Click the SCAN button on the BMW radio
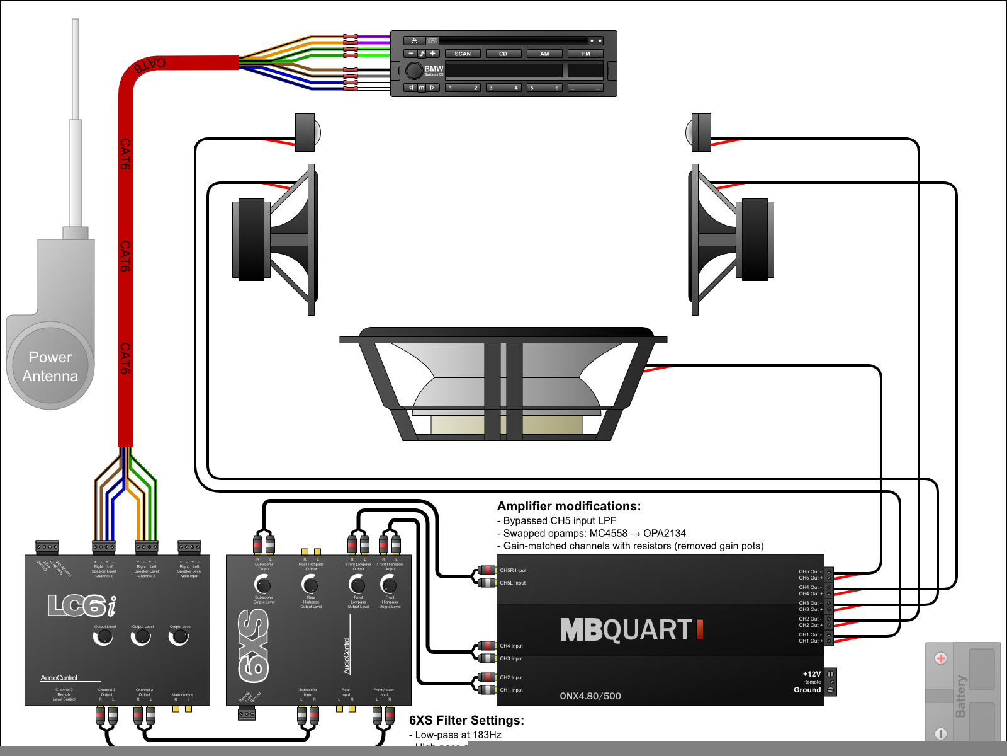click(463, 54)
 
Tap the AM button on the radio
click(544, 54)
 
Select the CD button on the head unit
click(503, 54)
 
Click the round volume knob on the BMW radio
click(414, 71)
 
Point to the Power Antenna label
click(50, 367)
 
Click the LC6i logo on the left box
click(82, 605)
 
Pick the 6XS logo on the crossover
click(254, 646)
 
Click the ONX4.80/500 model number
click(590, 696)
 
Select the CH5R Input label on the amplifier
click(513, 570)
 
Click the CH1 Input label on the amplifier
click(511, 690)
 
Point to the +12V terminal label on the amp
click(812, 674)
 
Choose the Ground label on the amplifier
click(807, 690)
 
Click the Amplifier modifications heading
click(569, 506)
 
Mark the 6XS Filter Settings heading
click(466, 720)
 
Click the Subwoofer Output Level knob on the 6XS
click(262, 584)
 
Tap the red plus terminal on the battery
click(941, 658)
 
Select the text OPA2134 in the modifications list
click(665, 533)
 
